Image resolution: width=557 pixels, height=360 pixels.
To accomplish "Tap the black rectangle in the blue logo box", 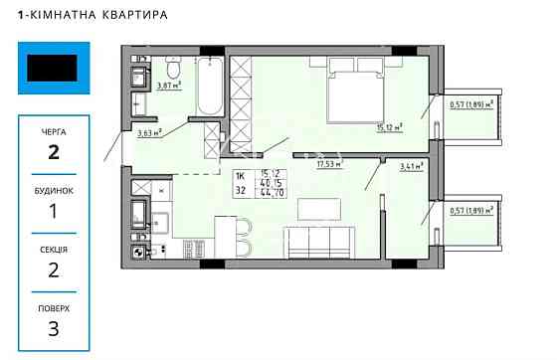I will click(53, 69).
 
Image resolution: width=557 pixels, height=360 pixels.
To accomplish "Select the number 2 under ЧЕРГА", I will click(54, 152).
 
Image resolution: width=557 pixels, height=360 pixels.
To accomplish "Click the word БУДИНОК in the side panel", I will click(54, 189).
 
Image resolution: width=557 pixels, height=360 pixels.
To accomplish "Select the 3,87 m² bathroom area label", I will click(169, 86).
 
